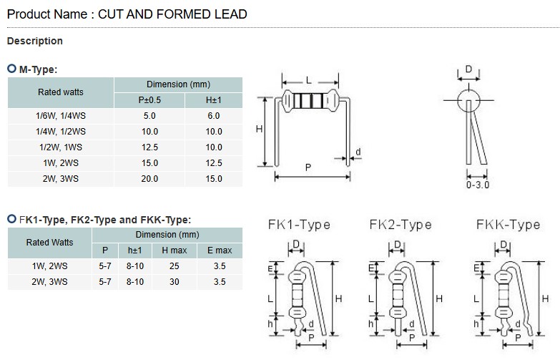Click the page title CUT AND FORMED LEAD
pos(172,14)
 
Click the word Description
pos(34,41)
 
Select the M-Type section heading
pos(37,69)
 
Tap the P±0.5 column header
pos(149,99)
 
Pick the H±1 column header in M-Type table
pos(214,99)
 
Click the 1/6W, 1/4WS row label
pos(60,115)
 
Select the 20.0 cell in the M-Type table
pos(149,178)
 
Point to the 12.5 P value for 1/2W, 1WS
pos(149,147)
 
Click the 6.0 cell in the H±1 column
pos(214,115)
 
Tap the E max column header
pos(220,250)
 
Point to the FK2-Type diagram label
pos(401,225)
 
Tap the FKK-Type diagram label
pos(508,225)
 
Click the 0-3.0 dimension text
pos(477,185)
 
